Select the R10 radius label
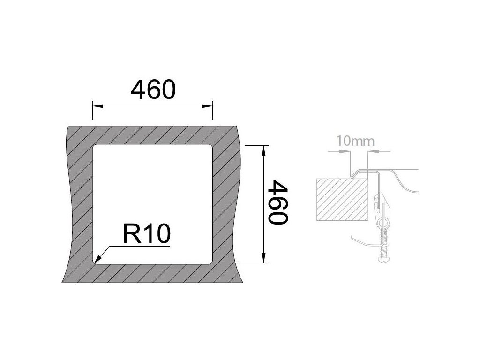click(x=146, y=234)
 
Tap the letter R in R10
click(x=131, y=234)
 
